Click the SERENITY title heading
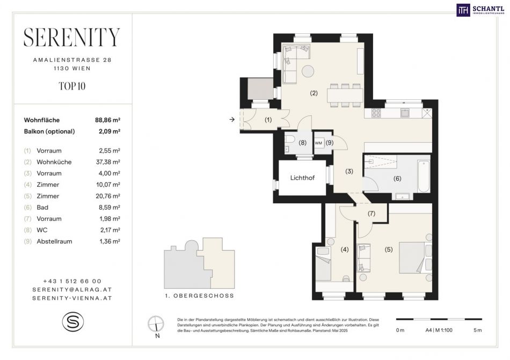pyautogui.click(x=72, y=38)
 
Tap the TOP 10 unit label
pyautogui.click(x=72, y=86)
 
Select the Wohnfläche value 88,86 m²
pyautogui.click(x=108, y=120)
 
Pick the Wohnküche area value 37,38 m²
pyautogui.click(x=108, y=162)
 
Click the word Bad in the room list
pyautogui.click(x=42, y=207)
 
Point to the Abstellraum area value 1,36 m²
pyautogui.click(x=110, y=241)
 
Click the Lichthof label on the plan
pyautogui.click(x=302, y=178)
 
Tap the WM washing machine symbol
pyautogui.click(x=318, y=143)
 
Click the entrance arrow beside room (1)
pyautogui.click(x=232, y=120)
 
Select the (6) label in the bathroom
pyautogui.click(x=397, y=178)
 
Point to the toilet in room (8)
pyautogui.click(x=289, y=139)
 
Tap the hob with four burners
pyautogui.click(x=376, y=113)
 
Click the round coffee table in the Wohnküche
pyautogui.click(x=308, y=71)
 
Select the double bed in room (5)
pyautogui.click(x=416, y=258)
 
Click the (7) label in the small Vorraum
pyautogui.click(x=371, y=214)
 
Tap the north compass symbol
pyautogui.click(x=156, y=324)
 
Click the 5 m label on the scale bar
pyautogui.click(x=477, y=330)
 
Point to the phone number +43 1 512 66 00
pyautogui.click(x=72, y=281)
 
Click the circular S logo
pyautogui.click(x=73, y=321)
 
